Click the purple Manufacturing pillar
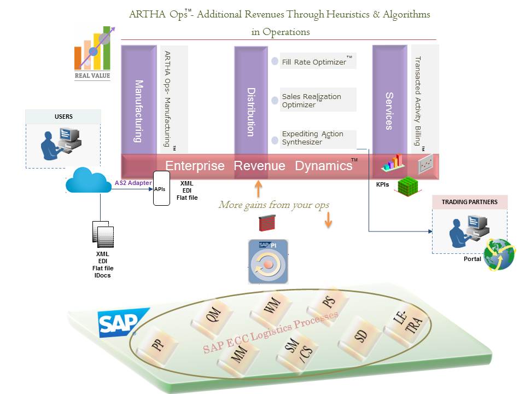tap(138, 101)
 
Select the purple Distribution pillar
tap(250, 101)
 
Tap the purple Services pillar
tap(389, 101)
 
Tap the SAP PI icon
tap(267, 262)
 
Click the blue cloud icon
tap(88, 181)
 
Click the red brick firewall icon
tap(267, 222)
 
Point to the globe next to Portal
tap(499, 254)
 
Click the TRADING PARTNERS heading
tap(469, 202)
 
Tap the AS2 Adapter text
tap(133, 183)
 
